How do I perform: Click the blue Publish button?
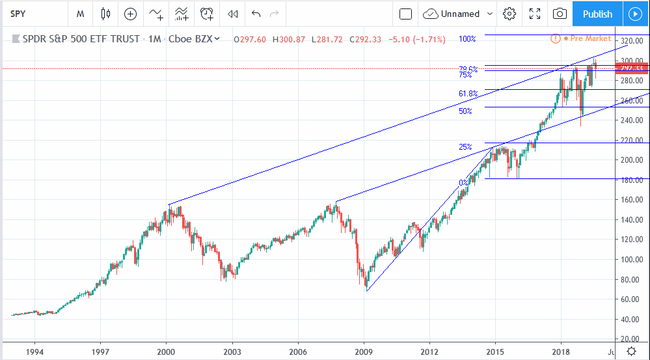pyautogui.click(x=597, y=14)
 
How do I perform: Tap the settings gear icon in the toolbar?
pyautogui.click(x=509, y=14)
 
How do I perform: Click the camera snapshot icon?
pyautogui.click(x=559, y=14)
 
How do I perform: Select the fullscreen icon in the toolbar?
pyautogui.click(x=535, y=14)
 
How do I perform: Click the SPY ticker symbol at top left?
pyautogui.click(x=20, y=14)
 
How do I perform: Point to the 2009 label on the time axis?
pyautogui.click(x=364, y=351)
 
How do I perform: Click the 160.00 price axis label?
pyautogui.click(x=630, y=200)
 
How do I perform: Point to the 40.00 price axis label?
pyautogui.click(x=630, y=319)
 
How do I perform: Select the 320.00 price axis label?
pyautogui.click(x=630, y=41)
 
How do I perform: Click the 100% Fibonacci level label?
pyautogui.click(x=467, y=39)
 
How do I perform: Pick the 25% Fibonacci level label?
pyautogui.click(x=465, y=147)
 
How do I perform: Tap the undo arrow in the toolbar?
pyautogui.click(x=256, y=14)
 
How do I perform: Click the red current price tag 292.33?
pyautogui.click(x=631, y=68)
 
